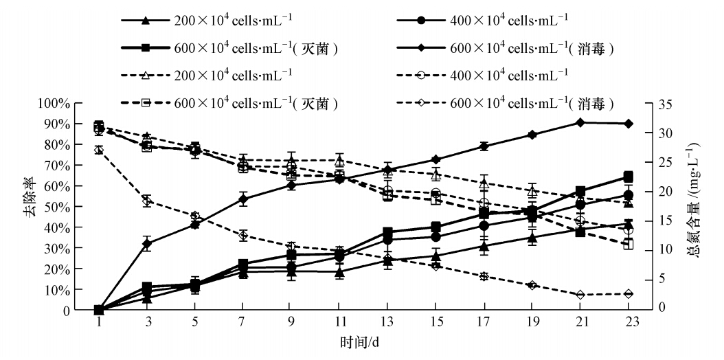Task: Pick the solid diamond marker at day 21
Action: [x=580, y=122]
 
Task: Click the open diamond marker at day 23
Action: [x=629, y=294]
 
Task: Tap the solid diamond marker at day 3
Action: [x=146, y=244]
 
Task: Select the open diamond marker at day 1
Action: [x=98, y=150]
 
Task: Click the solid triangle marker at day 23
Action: [x=629, y=223]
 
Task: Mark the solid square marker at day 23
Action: [x=629, y=177]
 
